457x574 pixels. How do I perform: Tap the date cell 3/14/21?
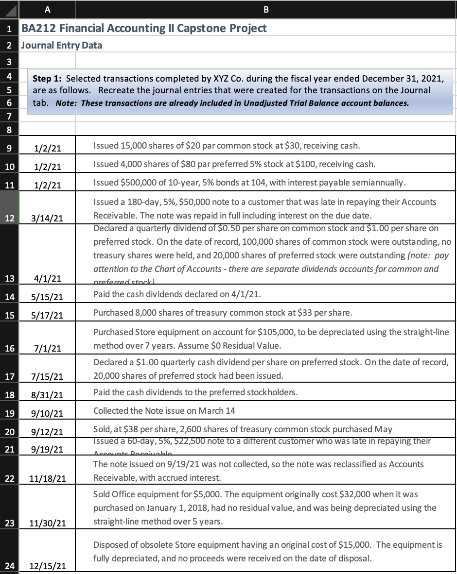[48, 218]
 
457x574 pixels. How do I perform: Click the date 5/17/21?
[48, 316]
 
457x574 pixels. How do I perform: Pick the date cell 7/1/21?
[48, 348]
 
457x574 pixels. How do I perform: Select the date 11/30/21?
[48, 523]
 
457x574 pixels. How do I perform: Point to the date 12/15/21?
[48, 566]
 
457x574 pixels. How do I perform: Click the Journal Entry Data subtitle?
[62, 46]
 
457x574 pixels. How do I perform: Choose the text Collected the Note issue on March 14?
[164, 410]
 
